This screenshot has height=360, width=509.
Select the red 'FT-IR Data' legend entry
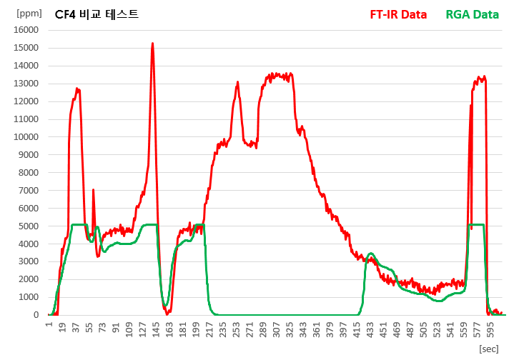[x=398, y=14]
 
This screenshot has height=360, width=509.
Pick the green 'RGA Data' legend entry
[x=472, y=14]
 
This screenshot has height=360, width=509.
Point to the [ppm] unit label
[x=29, y=13]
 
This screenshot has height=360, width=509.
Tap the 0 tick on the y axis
[x=36, y=315]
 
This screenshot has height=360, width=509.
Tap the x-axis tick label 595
[x=491, y=327]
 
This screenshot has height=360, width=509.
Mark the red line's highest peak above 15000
[x=152, y=44]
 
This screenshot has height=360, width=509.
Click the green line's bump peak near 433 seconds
[x=370, y=254]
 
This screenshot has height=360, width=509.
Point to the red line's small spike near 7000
[x=93, y=190]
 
